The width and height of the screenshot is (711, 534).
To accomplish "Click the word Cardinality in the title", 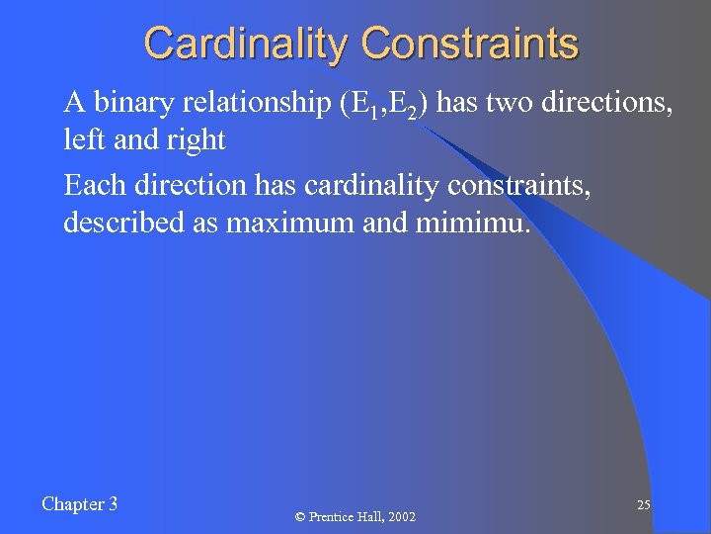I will [x=247, y=44].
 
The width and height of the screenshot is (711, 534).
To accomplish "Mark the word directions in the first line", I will [x=611, y=103].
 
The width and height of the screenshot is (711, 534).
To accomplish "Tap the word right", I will [x=197, y=141].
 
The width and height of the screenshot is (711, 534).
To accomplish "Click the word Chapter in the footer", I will [x=70, y=504].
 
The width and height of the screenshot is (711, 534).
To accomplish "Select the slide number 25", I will [x=643, y=505].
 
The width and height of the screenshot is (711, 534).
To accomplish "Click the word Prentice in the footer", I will [x=331, y=517].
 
